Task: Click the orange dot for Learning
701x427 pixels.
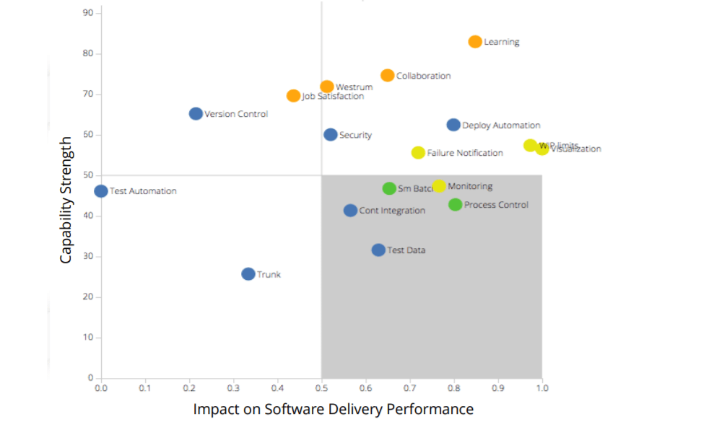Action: pyautogui.click(x=475, y=42)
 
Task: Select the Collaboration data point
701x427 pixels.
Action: pyautogui.click(x=388, y=76)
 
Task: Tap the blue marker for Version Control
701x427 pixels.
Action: pyautogui.click(x=196, y=114)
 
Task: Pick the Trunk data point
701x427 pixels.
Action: pyautogui.click(x=248, y=274)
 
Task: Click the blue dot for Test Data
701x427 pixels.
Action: pyautogui.click(x=378, y=250)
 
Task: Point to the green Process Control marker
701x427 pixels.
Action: pyautogui.click(x=456, y=205)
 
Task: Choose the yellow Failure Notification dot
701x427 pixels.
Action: pyautogui.click(x=418, y=153)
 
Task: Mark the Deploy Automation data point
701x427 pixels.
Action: pyautogui.click(x=453, y=125)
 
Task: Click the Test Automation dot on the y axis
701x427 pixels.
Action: pyautogui.click(x=101, y=191)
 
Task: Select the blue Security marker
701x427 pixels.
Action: pyautogui.click(x=331, y=135)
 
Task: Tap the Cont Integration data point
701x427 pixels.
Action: pyautogui.click(x=350, y=211)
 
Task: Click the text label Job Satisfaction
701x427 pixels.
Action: pyautogui.click(x=333, y=96)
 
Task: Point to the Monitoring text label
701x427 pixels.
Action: pyautogui.click(x=470, y=186)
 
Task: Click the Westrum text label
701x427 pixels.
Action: pyautogui.click(x=354, y=87)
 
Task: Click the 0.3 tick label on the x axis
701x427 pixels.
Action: pyautogui.click(x=234, y=388)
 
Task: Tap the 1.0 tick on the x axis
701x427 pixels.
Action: pyautogui.click(x=542, y=388)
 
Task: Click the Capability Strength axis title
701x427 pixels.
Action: pyautogui.click(x=66, y=201)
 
